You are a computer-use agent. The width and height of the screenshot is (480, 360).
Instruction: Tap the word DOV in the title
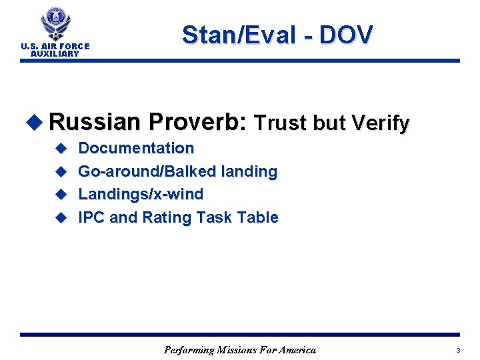[346, 35]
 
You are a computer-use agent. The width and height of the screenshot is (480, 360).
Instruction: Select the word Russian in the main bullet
[94, 122]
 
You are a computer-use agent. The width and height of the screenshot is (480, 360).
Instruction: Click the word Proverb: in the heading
[197, 122]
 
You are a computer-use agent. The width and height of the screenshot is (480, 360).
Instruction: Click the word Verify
[379, 123]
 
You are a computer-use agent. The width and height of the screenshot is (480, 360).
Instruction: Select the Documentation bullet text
[136, 148]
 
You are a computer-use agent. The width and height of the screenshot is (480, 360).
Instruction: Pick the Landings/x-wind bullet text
[141, 194]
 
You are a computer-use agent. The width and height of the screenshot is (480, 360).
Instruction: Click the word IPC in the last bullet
[91, 217]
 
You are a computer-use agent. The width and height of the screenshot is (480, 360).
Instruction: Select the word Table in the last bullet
[259, 217]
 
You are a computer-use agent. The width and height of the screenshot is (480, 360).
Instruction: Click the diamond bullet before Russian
[35, 123]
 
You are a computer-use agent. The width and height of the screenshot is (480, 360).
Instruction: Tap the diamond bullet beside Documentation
[60, 149]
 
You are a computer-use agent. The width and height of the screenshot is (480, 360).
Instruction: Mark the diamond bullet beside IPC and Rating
[60, 218]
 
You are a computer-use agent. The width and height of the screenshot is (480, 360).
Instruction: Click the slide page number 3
[458, 350]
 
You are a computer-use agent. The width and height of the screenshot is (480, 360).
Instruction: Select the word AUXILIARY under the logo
[55, 53]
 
